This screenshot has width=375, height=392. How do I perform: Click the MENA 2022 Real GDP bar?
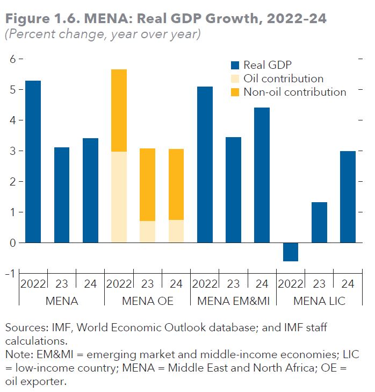click(33, 161)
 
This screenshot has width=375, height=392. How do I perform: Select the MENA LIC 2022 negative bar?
click(291, 252)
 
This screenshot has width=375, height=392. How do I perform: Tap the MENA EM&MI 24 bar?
click(262, 175)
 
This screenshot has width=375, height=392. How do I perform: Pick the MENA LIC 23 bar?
click(319, 222)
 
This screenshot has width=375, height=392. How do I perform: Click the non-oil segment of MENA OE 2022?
click(119, 110)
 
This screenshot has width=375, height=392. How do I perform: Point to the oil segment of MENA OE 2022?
click(119, 197)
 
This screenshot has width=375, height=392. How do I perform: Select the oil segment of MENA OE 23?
click(147, 232)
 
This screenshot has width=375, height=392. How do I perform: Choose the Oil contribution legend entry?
click(283, 79)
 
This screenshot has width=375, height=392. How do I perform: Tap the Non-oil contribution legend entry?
click(294, 92)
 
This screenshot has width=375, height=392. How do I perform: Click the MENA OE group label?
click(147, 301)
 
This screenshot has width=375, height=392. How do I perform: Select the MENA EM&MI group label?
click(233, 301)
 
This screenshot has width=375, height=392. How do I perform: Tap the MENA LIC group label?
click(319, 301)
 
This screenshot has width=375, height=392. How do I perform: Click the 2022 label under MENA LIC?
click(290, 283)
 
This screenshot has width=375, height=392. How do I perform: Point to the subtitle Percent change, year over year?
click(102, 34)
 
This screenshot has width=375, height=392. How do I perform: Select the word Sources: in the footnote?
click(24, 327)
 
